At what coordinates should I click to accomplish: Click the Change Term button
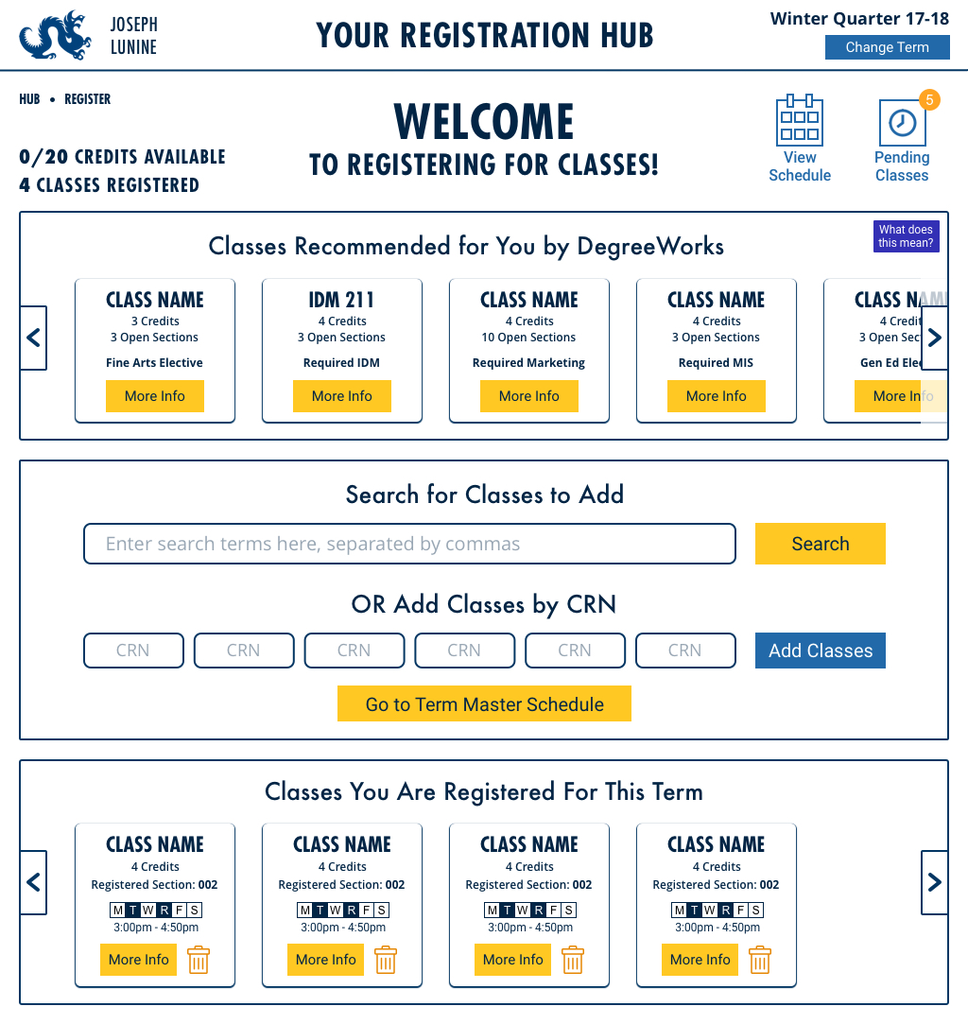coord(887,47)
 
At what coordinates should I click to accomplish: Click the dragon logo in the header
coord(55,35)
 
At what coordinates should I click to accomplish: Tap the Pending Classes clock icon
coord(902,123)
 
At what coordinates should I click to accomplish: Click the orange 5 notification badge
coord(929,99)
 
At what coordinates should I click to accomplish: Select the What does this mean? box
coord(906,236)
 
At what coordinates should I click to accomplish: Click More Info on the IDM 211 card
coord(342,396)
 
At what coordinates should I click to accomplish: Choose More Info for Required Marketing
coord(529,396)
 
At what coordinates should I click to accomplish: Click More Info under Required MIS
coord(717,396)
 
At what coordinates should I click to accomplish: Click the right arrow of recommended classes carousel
coord(934,338)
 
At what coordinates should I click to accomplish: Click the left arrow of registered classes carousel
coord(33,882)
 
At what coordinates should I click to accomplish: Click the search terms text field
coord(409,544)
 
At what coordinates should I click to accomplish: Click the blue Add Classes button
coord(820,651)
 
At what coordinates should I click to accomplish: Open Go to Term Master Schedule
coord(484,704)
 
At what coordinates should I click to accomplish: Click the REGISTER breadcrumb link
coord(87,99)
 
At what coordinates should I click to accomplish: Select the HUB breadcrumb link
coord(29,99)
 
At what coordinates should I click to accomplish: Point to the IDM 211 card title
coord(342,300)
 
